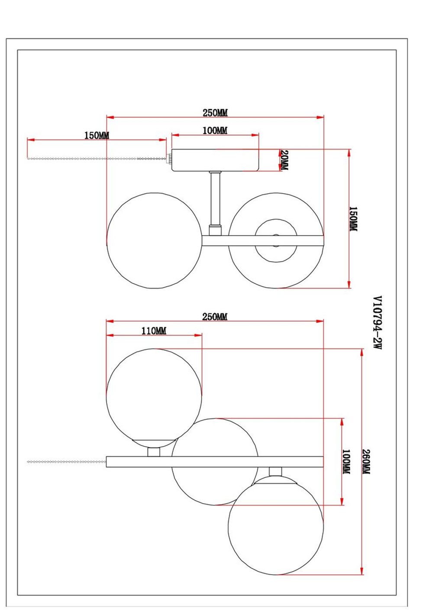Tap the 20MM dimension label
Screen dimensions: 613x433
(x=284, y=160)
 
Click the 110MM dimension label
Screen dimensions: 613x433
(x=154, y=331)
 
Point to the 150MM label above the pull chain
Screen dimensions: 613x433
(x=97, y=135)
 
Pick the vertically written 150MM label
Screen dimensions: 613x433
(x=353, y=219)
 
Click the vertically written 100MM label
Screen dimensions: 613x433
(x=346, y=461)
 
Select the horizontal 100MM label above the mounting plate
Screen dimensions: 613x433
(x=215, y=130)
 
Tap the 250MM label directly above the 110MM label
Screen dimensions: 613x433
(x=215, y=317)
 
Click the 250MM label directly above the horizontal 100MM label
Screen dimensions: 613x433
(x=215, y=113)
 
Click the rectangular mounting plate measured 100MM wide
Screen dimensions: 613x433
(x=215, y=160)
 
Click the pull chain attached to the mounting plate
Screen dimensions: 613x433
(x=95, y=159)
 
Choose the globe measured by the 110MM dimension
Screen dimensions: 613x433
(x=154, y=394)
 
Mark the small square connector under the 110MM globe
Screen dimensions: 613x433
(x=154, y=452)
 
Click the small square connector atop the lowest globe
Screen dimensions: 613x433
(x=275, y=471)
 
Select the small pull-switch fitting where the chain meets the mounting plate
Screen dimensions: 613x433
(x=169, y=159)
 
